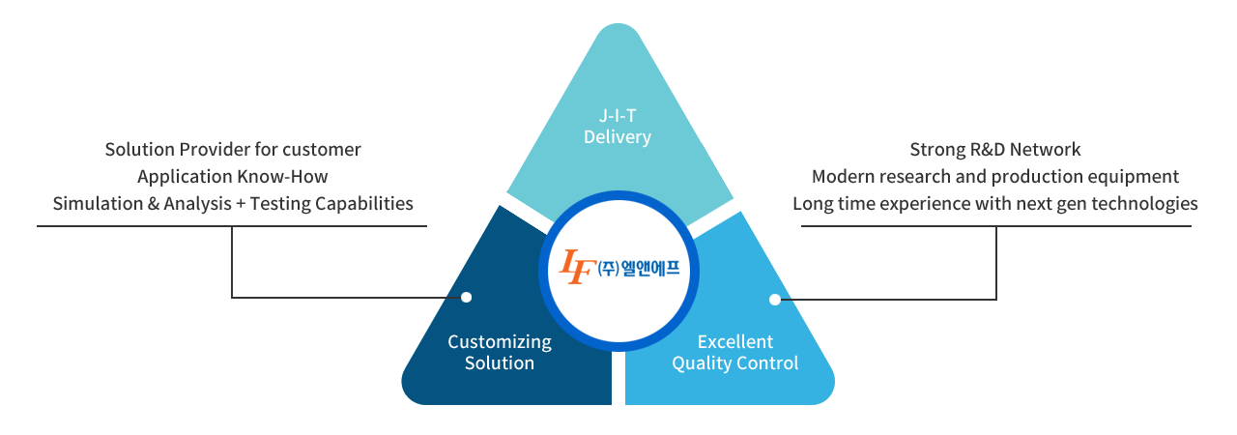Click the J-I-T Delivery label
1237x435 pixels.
(x=618, y=126)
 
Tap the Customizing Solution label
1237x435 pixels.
(x=500, y=353)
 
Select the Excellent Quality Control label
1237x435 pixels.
(x=735, y=353)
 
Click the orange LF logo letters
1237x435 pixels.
(x=577, y=267)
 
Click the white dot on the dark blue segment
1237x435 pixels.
(x=466, y=298)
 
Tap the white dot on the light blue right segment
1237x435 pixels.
(x=774, y=300)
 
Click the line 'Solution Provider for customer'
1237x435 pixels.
(x=233, y=150)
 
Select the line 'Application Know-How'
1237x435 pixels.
(x=233, y=177)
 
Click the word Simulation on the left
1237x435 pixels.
(x=93, y=204)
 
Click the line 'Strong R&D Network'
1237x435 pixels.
(x=995, y=150)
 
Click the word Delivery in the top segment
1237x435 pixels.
(x=618, y=137)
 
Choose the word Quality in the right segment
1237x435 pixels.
(x=702, y=363)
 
